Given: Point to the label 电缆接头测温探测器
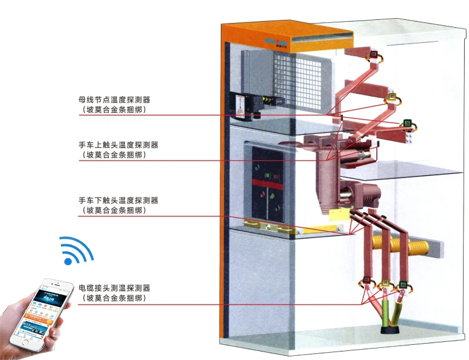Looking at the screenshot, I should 114,288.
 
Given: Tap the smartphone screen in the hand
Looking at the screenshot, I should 45,313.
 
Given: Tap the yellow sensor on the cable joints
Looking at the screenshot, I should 384,281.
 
